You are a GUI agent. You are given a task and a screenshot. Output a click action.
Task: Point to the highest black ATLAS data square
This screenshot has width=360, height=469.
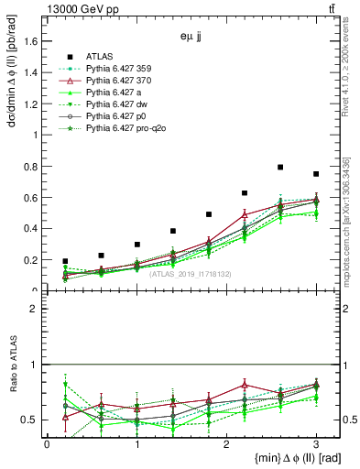click(280, 168)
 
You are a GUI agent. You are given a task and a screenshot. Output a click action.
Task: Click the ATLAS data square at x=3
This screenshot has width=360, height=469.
click(316, 174)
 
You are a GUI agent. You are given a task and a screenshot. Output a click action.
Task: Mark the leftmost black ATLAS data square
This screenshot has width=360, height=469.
click(65, 261)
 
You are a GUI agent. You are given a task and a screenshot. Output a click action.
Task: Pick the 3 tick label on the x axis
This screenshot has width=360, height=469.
click(316, 443)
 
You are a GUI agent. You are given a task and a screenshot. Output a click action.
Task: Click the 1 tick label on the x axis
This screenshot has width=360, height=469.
click(136, 443)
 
